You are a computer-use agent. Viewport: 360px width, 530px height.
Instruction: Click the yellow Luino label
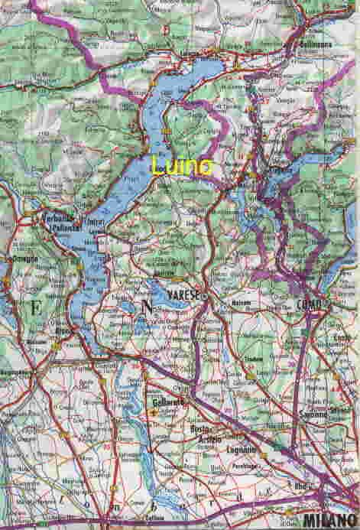183,165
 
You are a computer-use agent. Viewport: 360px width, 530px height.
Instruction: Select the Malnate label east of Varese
241,303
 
